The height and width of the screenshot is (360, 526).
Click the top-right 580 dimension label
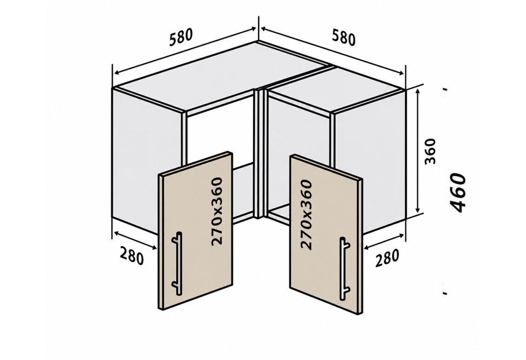pyautogui.click(x=344, y=37)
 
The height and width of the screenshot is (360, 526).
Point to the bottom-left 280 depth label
pyautogui.click(x=131, y=256)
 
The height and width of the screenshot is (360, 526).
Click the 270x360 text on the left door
pyautogui.click(x=217, y=211)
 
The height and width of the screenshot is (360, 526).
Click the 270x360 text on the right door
pyautogui.click(x=306, y=215)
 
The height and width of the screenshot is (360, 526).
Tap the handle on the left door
pyautogui.click(x=177, y=264)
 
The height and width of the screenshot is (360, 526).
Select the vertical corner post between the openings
pyautogui.click(x=260, y=153)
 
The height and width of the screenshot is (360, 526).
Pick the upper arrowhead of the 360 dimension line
pyautogui.click(x=418, y=91)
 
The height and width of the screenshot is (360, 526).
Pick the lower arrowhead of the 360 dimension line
pyautogui.click(x=418, y=210)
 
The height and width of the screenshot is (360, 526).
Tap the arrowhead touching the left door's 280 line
pyautogui.click(x=153, y=248)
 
